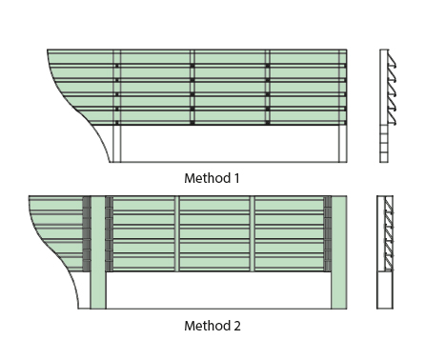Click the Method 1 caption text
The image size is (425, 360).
(212, 177)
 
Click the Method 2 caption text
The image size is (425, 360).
(212, 326)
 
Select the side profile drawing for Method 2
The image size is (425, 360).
(386, 251)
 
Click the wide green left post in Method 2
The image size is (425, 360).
(97, 252)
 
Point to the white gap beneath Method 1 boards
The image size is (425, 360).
(229, 144)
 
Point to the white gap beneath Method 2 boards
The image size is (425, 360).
(219, 290)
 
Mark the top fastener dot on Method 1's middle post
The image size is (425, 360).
(192, 66)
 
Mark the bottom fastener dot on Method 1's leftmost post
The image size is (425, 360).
(117, 123)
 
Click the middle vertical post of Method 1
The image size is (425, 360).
(192, 105)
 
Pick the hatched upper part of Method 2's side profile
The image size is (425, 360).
(386, 233)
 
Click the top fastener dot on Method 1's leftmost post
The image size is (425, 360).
(117, 66)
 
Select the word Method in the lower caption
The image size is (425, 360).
(205, 326)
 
